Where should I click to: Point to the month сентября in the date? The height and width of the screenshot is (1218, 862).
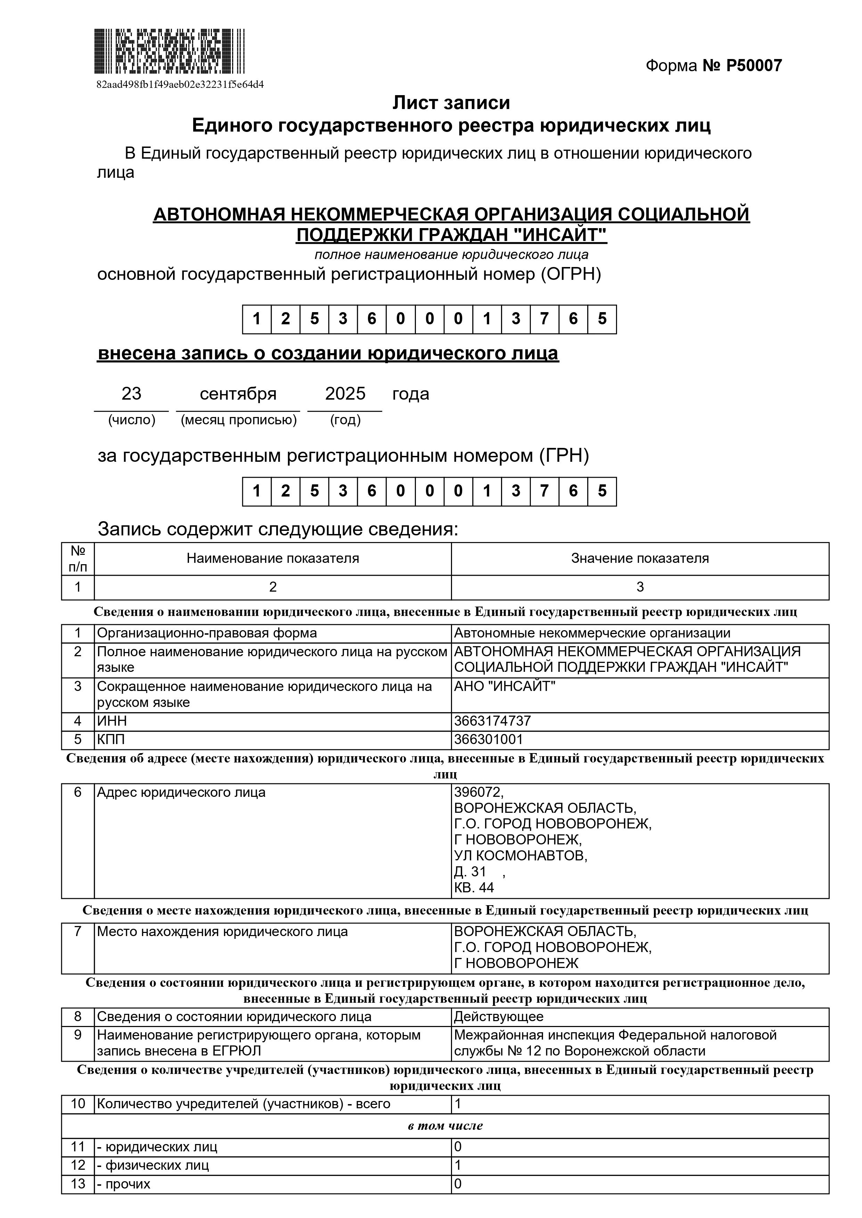238,394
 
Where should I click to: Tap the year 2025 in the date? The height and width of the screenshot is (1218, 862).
345,394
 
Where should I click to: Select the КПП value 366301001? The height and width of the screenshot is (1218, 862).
488,740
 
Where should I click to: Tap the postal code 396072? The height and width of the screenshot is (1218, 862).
478,793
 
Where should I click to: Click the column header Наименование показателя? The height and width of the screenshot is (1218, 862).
272,559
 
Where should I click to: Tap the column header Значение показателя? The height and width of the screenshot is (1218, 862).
640,559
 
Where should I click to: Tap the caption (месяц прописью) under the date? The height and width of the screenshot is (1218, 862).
238,420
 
